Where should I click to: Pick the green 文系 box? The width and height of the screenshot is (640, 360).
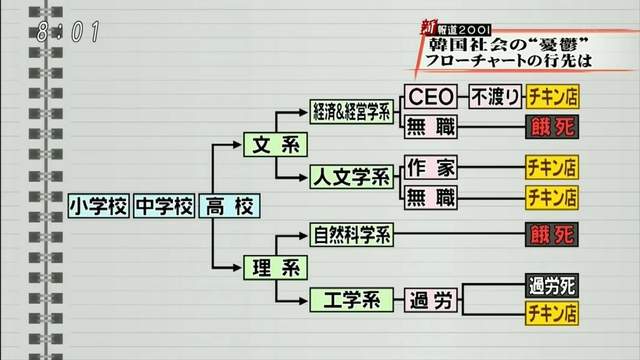[275, 146]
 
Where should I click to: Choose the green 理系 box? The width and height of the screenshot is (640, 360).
[275, 267]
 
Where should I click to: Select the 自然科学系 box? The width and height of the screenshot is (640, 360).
[350, 236]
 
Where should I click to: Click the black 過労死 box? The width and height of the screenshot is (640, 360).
[551, 286]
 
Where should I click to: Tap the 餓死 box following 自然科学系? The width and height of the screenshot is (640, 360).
[551, 236]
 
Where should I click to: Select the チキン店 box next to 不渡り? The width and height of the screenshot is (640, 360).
[552, 97]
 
